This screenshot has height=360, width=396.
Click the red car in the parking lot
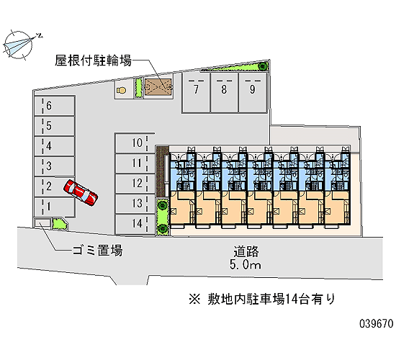coord(81,192)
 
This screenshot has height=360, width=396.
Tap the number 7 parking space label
coord(196,89)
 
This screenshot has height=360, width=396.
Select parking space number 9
coord(253,93)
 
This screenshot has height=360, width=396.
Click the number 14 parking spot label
coord(137,223)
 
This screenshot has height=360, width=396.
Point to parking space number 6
coord(54,106)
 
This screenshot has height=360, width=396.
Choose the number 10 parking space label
coord(137,143)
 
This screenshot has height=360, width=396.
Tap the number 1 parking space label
coord(49,207)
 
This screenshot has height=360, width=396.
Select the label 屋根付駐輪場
coord(94,60)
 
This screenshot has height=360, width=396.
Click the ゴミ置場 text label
coord(98,251)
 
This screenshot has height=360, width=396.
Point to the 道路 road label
coord(246,251)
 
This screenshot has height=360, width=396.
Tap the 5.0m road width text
coord(246,264)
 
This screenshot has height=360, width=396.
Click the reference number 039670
coord(377,323)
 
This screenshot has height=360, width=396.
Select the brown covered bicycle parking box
coord(158,87)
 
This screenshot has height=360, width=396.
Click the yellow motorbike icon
coord(122,90)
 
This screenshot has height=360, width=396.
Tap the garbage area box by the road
coord(42,224)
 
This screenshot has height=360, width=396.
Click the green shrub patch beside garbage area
coord(59,224)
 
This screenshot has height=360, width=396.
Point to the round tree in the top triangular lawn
coord(264,66)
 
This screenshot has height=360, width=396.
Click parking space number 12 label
coord(137,183)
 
